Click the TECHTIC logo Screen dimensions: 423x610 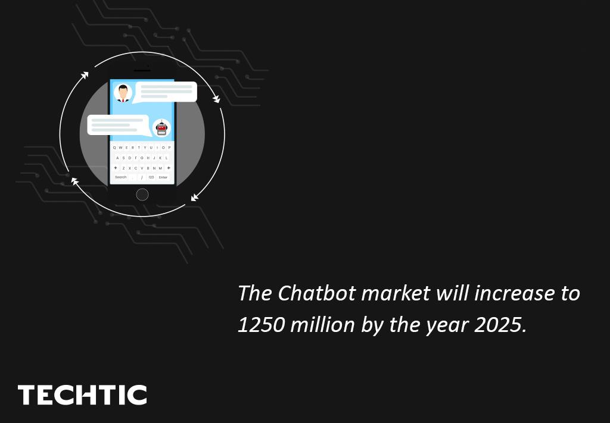pyautogui.click(x=82, y=395)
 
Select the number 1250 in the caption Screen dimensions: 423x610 pyautogui.click(x=260, y=325)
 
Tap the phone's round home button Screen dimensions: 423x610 pyautogui.click(x=142, y=195)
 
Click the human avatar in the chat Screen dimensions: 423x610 pyautogui.click(x=123, y=93)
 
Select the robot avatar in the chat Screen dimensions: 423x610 pyautogui.click(x=161, y=128)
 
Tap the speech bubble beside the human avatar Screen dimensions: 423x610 pyautogui.click(x=166, y=92)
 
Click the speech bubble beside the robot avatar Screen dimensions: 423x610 pyautogui.click(x=118, y=125)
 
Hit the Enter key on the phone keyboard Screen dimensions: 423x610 pyautogui.click(x=163, y=177)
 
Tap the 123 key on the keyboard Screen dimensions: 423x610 pyautogui.click(x=151, y=177)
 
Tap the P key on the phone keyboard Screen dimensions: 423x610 pyautogui.click(x=169, y=148)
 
